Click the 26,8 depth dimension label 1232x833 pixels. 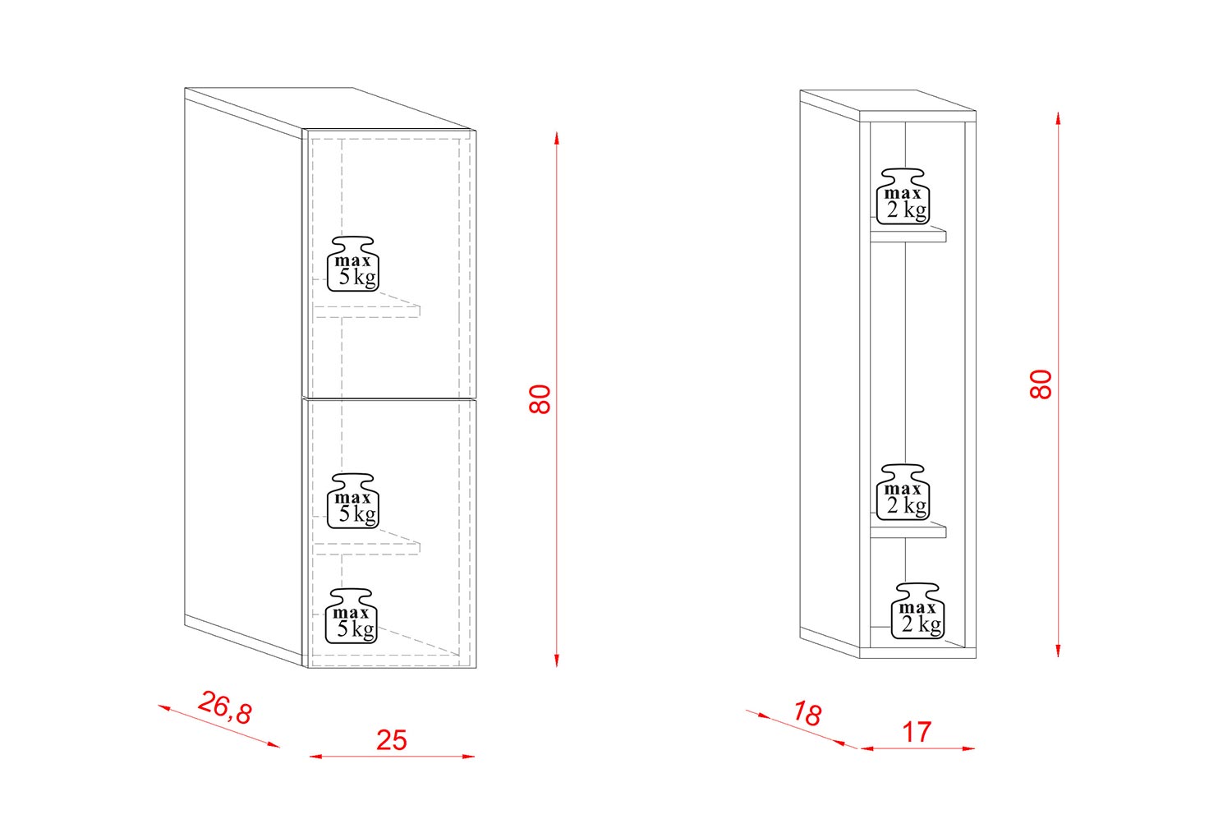(224, 707)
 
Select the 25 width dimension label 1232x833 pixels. (392, 740)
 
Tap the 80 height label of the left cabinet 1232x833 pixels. (540, 399)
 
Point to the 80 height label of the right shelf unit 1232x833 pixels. (1041, 384)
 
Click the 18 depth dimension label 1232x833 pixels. (807, 714)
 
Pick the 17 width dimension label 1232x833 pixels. (917, 732)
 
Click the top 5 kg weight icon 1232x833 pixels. (353, 264)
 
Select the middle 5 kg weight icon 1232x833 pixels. (353, 501)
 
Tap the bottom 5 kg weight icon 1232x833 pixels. (352, 616)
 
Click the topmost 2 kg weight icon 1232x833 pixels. (903, 196)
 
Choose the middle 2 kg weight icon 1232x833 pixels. (903, 492)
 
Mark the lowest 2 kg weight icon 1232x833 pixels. (917, 611)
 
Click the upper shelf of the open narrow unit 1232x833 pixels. (908, 233)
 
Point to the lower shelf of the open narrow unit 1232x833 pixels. (908, 529)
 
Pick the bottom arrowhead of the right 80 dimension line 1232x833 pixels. (1058, 651)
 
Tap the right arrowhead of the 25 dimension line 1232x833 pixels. (469, 757)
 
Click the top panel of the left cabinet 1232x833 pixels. (330, 110)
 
